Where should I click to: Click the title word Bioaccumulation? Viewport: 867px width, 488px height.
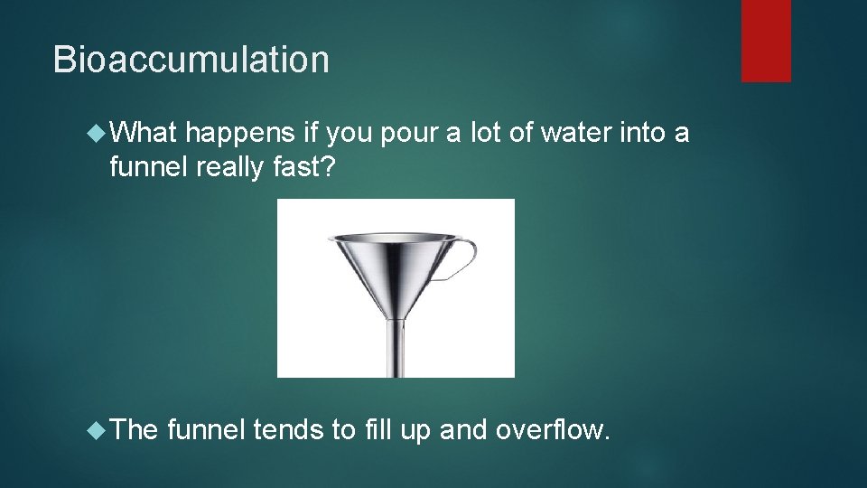pyautogui.click(x=191, y=60)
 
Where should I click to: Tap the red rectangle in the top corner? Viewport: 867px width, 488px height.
pyautogui.click(x=766, y=40)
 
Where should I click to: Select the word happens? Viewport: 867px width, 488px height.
pyautogui.click(x=239, y=134)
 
